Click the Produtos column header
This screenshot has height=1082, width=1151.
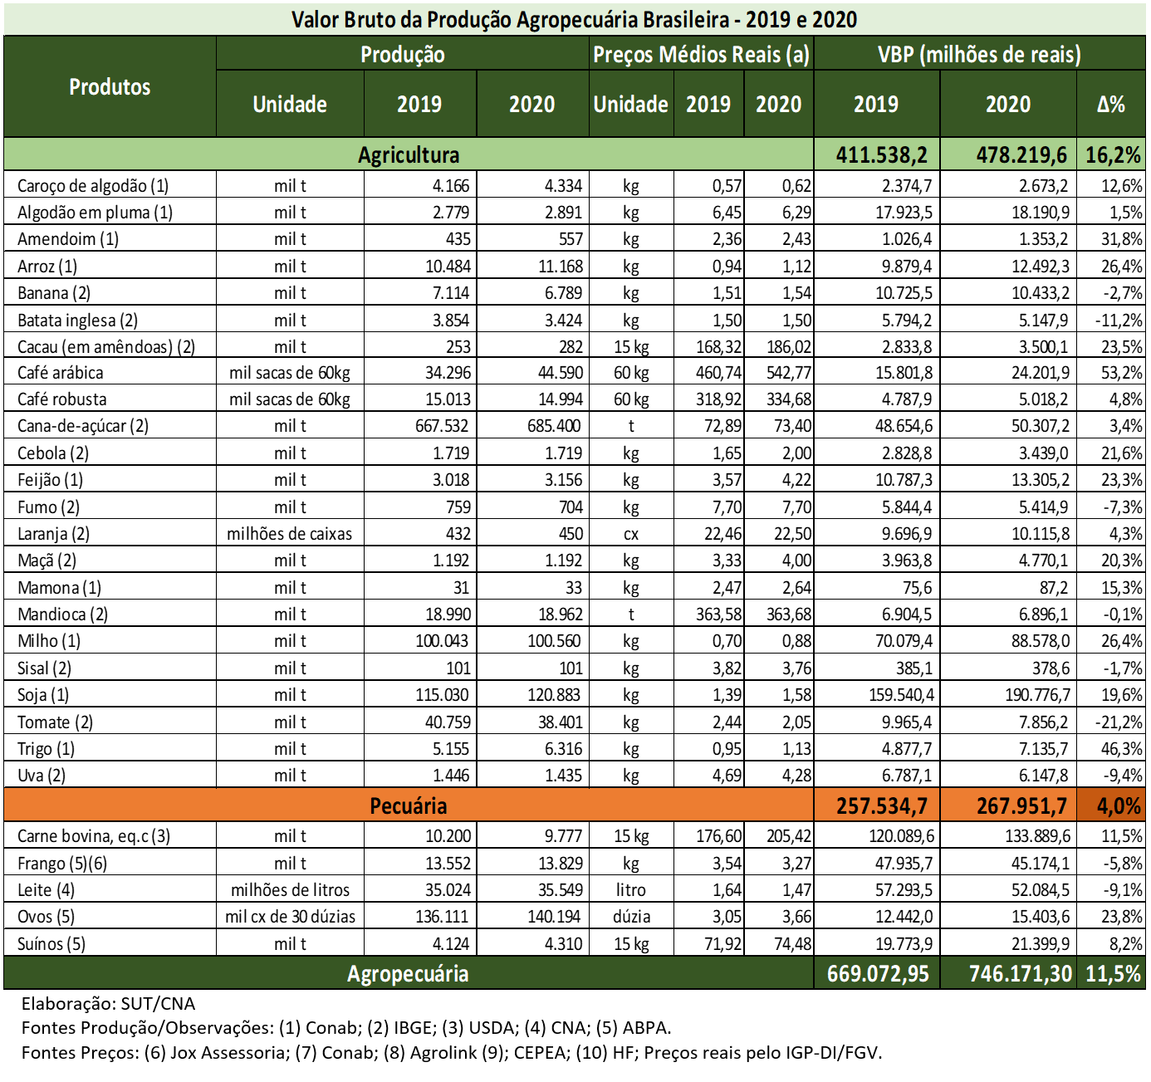coord(110,87)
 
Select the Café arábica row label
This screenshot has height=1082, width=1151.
coord(61,373)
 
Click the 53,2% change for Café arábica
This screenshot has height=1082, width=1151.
coord(1121,373)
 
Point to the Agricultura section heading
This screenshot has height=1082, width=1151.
coord(408,155)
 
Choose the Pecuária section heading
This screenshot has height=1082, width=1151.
coord(408,805)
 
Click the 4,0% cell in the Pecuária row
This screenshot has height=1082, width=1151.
coord(1118,805)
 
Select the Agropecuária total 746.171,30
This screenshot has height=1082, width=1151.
coord(1020,973)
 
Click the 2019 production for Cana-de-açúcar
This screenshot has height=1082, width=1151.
coord(442,427)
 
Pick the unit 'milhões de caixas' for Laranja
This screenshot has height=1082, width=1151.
coord(289,534)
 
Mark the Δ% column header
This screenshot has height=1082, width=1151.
coord(1110,105)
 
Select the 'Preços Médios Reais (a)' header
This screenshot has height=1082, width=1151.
coord(700,55)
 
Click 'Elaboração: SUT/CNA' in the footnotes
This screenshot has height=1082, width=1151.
coord(108,1004)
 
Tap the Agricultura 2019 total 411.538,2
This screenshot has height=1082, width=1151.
coord(881,155)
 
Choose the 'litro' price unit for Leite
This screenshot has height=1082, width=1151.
coord(630,890)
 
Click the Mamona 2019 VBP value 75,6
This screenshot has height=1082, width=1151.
coord(917,588)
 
